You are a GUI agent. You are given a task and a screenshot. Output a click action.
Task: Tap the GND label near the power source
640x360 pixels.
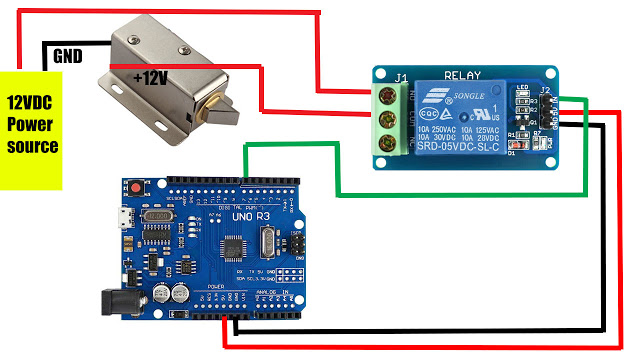(x=69, y=57)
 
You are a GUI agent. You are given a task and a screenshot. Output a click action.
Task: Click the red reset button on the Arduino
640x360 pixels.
(x=134, y=187)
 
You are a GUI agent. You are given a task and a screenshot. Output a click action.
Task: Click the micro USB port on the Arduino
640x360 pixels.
(x=122, y=221)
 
